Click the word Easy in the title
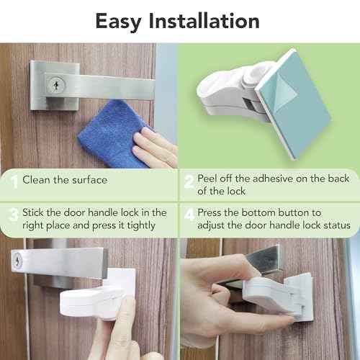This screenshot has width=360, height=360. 120,22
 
